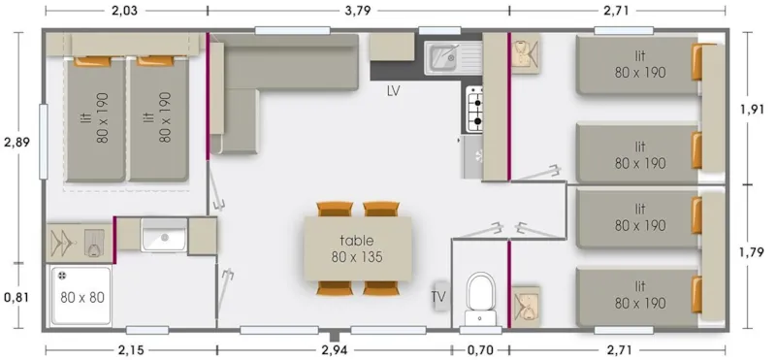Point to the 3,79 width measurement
click(x=356, y=11)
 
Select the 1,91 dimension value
click(x=752, y=108)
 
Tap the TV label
click(x=439, y=296)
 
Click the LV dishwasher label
click(x=394, y=91)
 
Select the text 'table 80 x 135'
click(x=355, y=248)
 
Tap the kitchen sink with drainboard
click(x=445, y=56)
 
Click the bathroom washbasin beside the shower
click(x=164, y=236)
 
